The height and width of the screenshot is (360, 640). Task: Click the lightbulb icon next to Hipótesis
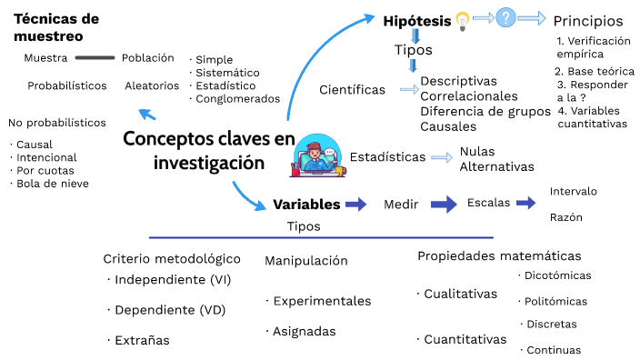463,19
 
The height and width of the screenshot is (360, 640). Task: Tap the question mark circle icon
505,17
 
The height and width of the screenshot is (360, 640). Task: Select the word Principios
588,21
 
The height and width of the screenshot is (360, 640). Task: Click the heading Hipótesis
416,20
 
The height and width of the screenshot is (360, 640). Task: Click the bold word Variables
306,205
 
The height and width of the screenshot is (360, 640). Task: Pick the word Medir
400,205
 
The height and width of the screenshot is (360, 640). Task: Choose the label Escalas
488,203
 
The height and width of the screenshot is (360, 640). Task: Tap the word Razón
565,218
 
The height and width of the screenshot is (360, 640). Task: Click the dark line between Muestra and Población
95,58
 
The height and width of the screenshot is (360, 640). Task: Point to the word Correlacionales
469,96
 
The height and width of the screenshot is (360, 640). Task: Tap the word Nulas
477,152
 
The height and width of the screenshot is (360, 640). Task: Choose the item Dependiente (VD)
168,310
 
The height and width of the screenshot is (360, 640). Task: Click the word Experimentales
321,301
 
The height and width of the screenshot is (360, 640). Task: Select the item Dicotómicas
556,275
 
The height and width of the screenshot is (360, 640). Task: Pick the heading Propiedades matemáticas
499,256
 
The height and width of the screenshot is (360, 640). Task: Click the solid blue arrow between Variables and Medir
355,205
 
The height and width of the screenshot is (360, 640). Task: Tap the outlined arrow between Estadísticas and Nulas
442,157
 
